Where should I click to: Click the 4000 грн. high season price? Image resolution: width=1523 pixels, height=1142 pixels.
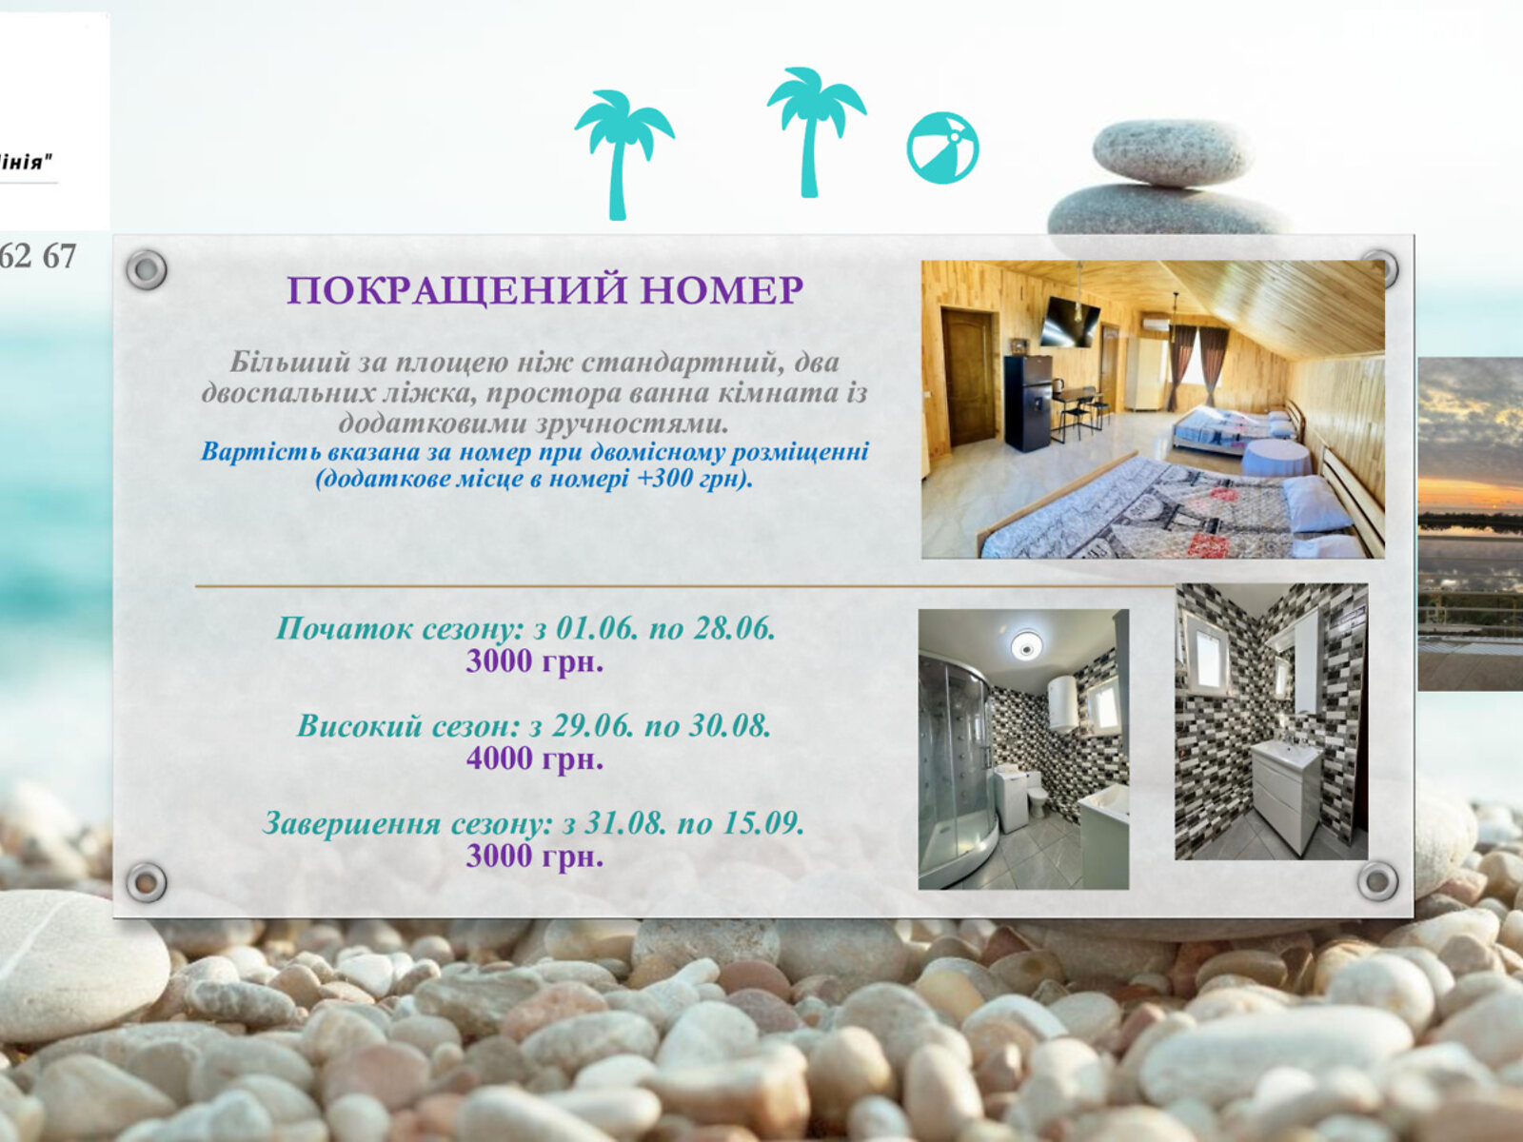coord(534,758)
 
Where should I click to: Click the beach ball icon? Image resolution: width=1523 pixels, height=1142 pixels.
coord(942,148)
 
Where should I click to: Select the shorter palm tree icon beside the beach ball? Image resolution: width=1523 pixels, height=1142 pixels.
coord(816,131)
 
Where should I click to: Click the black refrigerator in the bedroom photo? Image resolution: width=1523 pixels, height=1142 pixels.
coord(1028,403)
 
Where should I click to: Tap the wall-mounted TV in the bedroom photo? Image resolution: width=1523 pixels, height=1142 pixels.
coord(1069,322)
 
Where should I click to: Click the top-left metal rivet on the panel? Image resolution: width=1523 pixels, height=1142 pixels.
coord(147,269)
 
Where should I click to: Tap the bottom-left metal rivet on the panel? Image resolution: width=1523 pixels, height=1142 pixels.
coord(147,882)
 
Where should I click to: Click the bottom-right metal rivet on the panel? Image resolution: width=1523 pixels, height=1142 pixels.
coord(1377,881)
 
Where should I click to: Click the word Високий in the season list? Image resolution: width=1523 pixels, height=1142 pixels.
coord(360,726)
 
